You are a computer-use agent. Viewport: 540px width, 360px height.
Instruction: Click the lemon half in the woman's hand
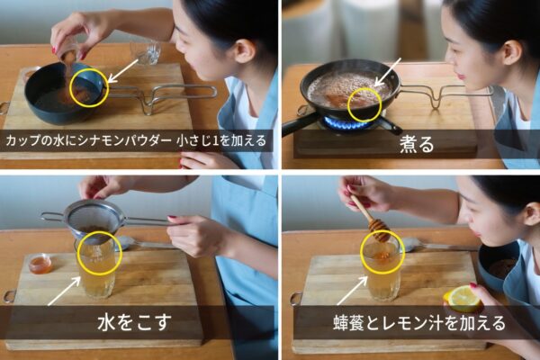463,298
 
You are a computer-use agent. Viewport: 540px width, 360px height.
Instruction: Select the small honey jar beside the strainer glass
40,264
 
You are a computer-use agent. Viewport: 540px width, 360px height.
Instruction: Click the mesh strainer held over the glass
91,220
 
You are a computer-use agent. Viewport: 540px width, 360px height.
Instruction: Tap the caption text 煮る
417,146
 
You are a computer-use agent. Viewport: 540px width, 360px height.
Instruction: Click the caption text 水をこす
135,323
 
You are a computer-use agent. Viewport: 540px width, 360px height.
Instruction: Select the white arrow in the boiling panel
387,72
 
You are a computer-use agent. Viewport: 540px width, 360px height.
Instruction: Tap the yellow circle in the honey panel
382,252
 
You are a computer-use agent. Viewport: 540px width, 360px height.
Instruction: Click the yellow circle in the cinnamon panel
89,87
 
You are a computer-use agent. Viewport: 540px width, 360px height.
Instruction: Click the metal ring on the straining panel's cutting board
9,296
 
